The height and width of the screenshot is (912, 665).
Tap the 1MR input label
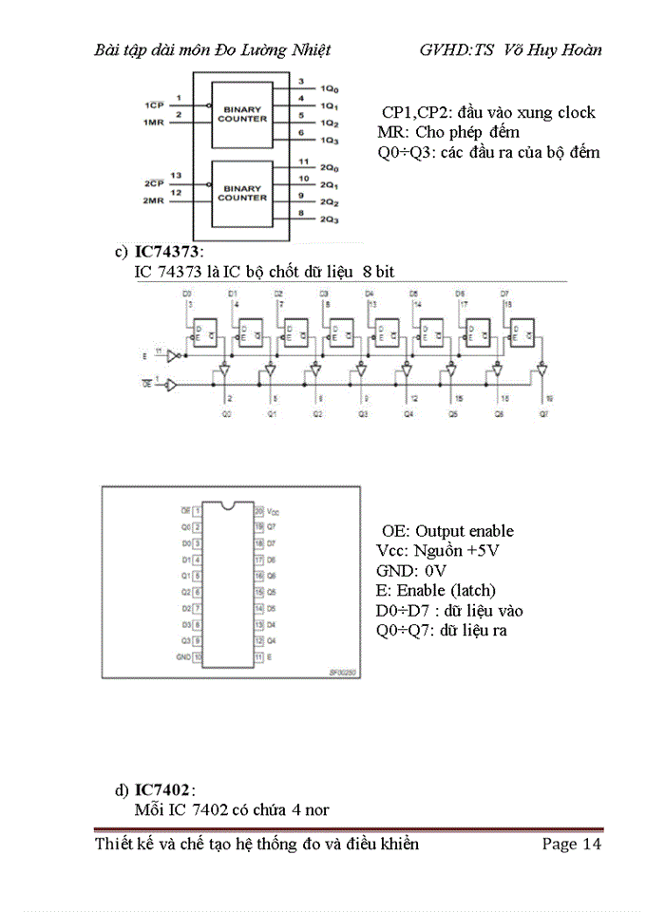[152, 122]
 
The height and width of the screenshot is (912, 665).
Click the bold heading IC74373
[167, 253]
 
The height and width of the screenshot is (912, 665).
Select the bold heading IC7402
[162, 790]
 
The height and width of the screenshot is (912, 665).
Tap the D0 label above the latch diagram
[187, 294]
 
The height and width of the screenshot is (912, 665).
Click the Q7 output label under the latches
[542, 414]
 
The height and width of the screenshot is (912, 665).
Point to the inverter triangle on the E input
[172, 356]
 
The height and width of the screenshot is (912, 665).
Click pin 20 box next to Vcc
[257, 510]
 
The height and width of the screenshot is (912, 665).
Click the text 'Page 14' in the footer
[571, 844]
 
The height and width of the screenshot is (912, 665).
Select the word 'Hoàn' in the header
[580, 50]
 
